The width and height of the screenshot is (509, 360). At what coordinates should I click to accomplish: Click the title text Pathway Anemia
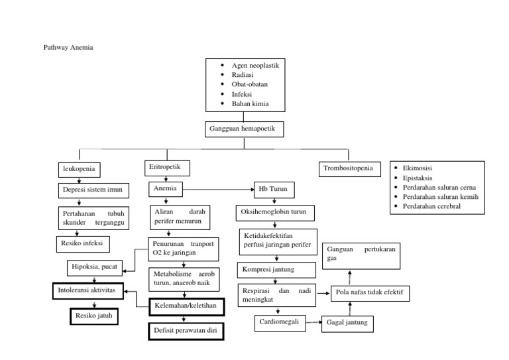pos(67,48)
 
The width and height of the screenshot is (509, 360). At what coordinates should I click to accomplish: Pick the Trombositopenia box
pos(349,169)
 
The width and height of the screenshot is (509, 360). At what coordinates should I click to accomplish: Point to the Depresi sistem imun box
pos(91,191)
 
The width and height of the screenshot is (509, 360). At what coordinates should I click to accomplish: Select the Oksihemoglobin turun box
pos(274,213)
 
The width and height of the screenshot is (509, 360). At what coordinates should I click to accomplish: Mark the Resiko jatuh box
pos(94,316)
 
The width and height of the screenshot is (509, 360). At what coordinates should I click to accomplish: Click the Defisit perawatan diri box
pos(186,330)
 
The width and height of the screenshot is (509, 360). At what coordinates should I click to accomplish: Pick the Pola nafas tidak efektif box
pos(370,292)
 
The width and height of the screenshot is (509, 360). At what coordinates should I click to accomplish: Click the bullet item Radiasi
pos(243,75)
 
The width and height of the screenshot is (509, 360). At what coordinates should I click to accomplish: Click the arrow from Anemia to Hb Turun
pos(219,191)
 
